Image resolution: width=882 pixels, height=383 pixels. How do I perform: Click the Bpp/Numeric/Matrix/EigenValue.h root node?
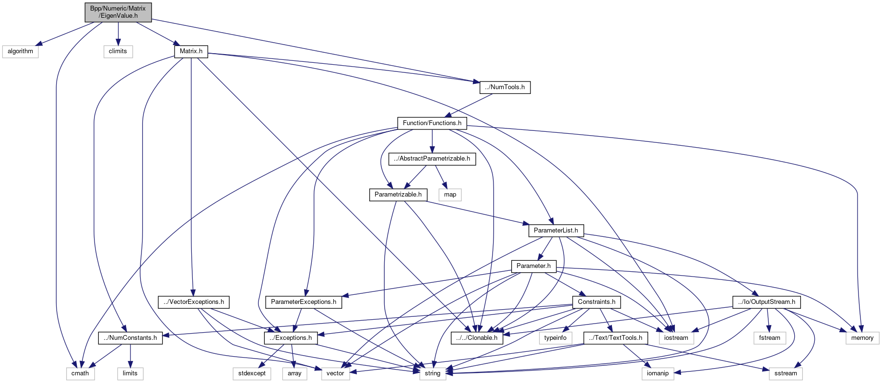[118, 12]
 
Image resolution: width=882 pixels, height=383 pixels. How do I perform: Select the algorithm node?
[20, 51]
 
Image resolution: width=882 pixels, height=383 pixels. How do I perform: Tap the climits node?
[118, 51]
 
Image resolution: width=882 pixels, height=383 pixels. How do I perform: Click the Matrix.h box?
[191, 51]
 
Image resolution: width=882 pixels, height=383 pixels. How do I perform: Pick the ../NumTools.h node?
[505, 87]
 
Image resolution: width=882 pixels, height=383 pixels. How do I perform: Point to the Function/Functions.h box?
[432, 123]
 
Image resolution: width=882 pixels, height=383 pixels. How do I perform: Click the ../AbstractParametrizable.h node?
[432, 159]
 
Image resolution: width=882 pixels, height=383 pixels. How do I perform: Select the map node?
[450, 195]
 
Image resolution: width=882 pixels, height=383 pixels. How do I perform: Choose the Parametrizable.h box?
[398, 195]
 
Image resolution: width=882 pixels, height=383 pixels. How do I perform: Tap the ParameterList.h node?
[556, 231]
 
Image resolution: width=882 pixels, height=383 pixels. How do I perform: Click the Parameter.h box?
[533, 266]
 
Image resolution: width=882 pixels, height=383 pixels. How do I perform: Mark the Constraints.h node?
[597, 302]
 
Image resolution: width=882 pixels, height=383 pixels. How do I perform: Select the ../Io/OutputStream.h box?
[766, 302]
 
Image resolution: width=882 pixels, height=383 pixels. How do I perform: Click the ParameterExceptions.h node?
[304, 302]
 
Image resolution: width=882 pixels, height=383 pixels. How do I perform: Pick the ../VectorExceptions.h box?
[194, 302]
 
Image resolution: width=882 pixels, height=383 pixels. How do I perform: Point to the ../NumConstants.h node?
[130, 338]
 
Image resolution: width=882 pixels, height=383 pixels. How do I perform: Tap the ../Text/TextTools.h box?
[616, 338]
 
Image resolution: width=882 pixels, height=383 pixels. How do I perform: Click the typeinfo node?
[555, 338]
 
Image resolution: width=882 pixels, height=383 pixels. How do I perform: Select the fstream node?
[770, 338]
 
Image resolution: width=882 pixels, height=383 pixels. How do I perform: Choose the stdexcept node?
[252, 373]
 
